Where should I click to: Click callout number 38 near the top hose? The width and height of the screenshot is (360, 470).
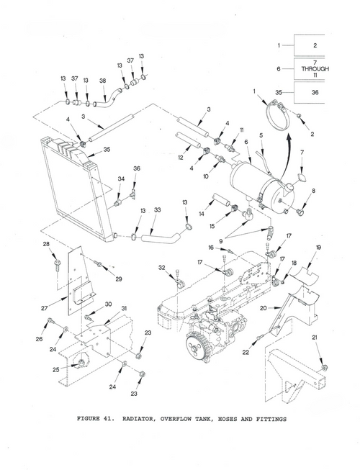103,81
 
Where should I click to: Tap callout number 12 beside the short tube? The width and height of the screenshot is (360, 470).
181,157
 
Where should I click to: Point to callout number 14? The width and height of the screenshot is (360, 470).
202,214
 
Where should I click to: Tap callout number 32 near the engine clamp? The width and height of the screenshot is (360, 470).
163,268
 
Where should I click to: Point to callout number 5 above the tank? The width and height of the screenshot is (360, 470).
261,135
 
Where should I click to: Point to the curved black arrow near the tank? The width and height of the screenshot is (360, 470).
284,146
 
